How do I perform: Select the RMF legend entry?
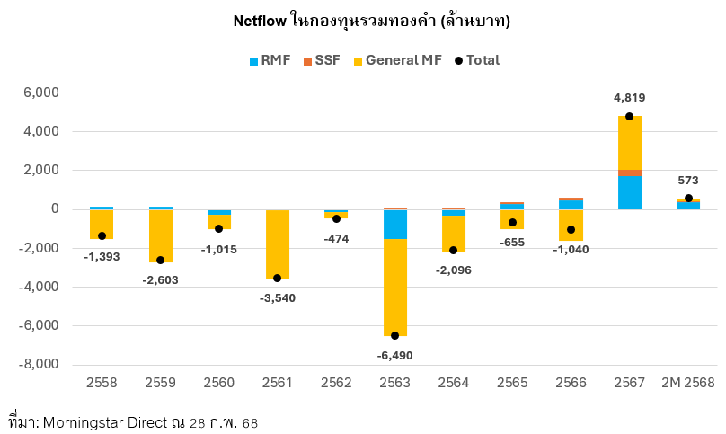click(x=269, y=60)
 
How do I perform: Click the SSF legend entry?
click(x=320, y=60)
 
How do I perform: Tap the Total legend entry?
click(x=476, y=60)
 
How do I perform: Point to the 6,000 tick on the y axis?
click(x=40, y=93)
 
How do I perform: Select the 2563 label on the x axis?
click(x=395, y=383)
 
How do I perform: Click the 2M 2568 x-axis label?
click(x=688, y=383)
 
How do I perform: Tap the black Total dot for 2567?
click(x=629, y=117)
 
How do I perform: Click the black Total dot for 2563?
click(x=395, y=335)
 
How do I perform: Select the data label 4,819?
click(x=629, y=98)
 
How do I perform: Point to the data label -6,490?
click(x=395, y=355)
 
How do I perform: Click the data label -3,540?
click(x=277, y=297)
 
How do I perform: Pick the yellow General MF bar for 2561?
click(x=277, y=243)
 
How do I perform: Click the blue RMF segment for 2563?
click(x=395, y=225)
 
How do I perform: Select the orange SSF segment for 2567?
click(x=629, y=173)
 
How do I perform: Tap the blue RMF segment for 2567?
click(x=629, y=192)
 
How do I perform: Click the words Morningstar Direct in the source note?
click(x=118, y=421)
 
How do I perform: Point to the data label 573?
click(x=688, y=180)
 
